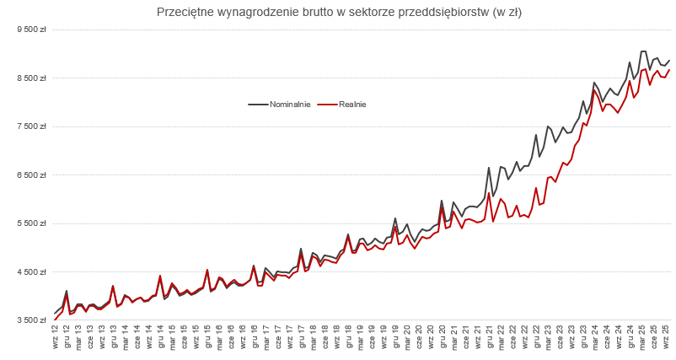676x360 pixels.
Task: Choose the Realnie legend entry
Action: click(x=351, y=105)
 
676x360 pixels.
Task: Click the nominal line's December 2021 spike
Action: click(x=489, y=168)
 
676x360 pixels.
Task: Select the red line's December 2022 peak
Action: click(x=536, y=188)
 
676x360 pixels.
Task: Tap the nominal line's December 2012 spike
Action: click(x=67, y=291)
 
